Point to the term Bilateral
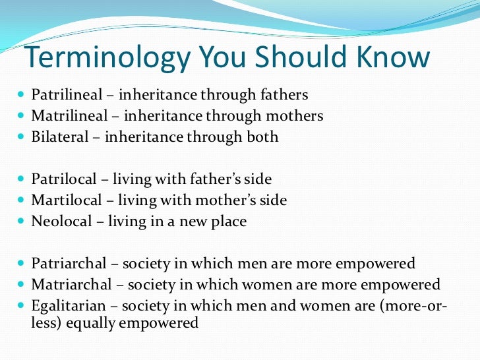pos(57,137)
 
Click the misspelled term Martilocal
pos(62,200)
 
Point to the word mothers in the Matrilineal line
pos(295,116)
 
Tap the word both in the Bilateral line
pos(263,137)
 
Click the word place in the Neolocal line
pos(228,221)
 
